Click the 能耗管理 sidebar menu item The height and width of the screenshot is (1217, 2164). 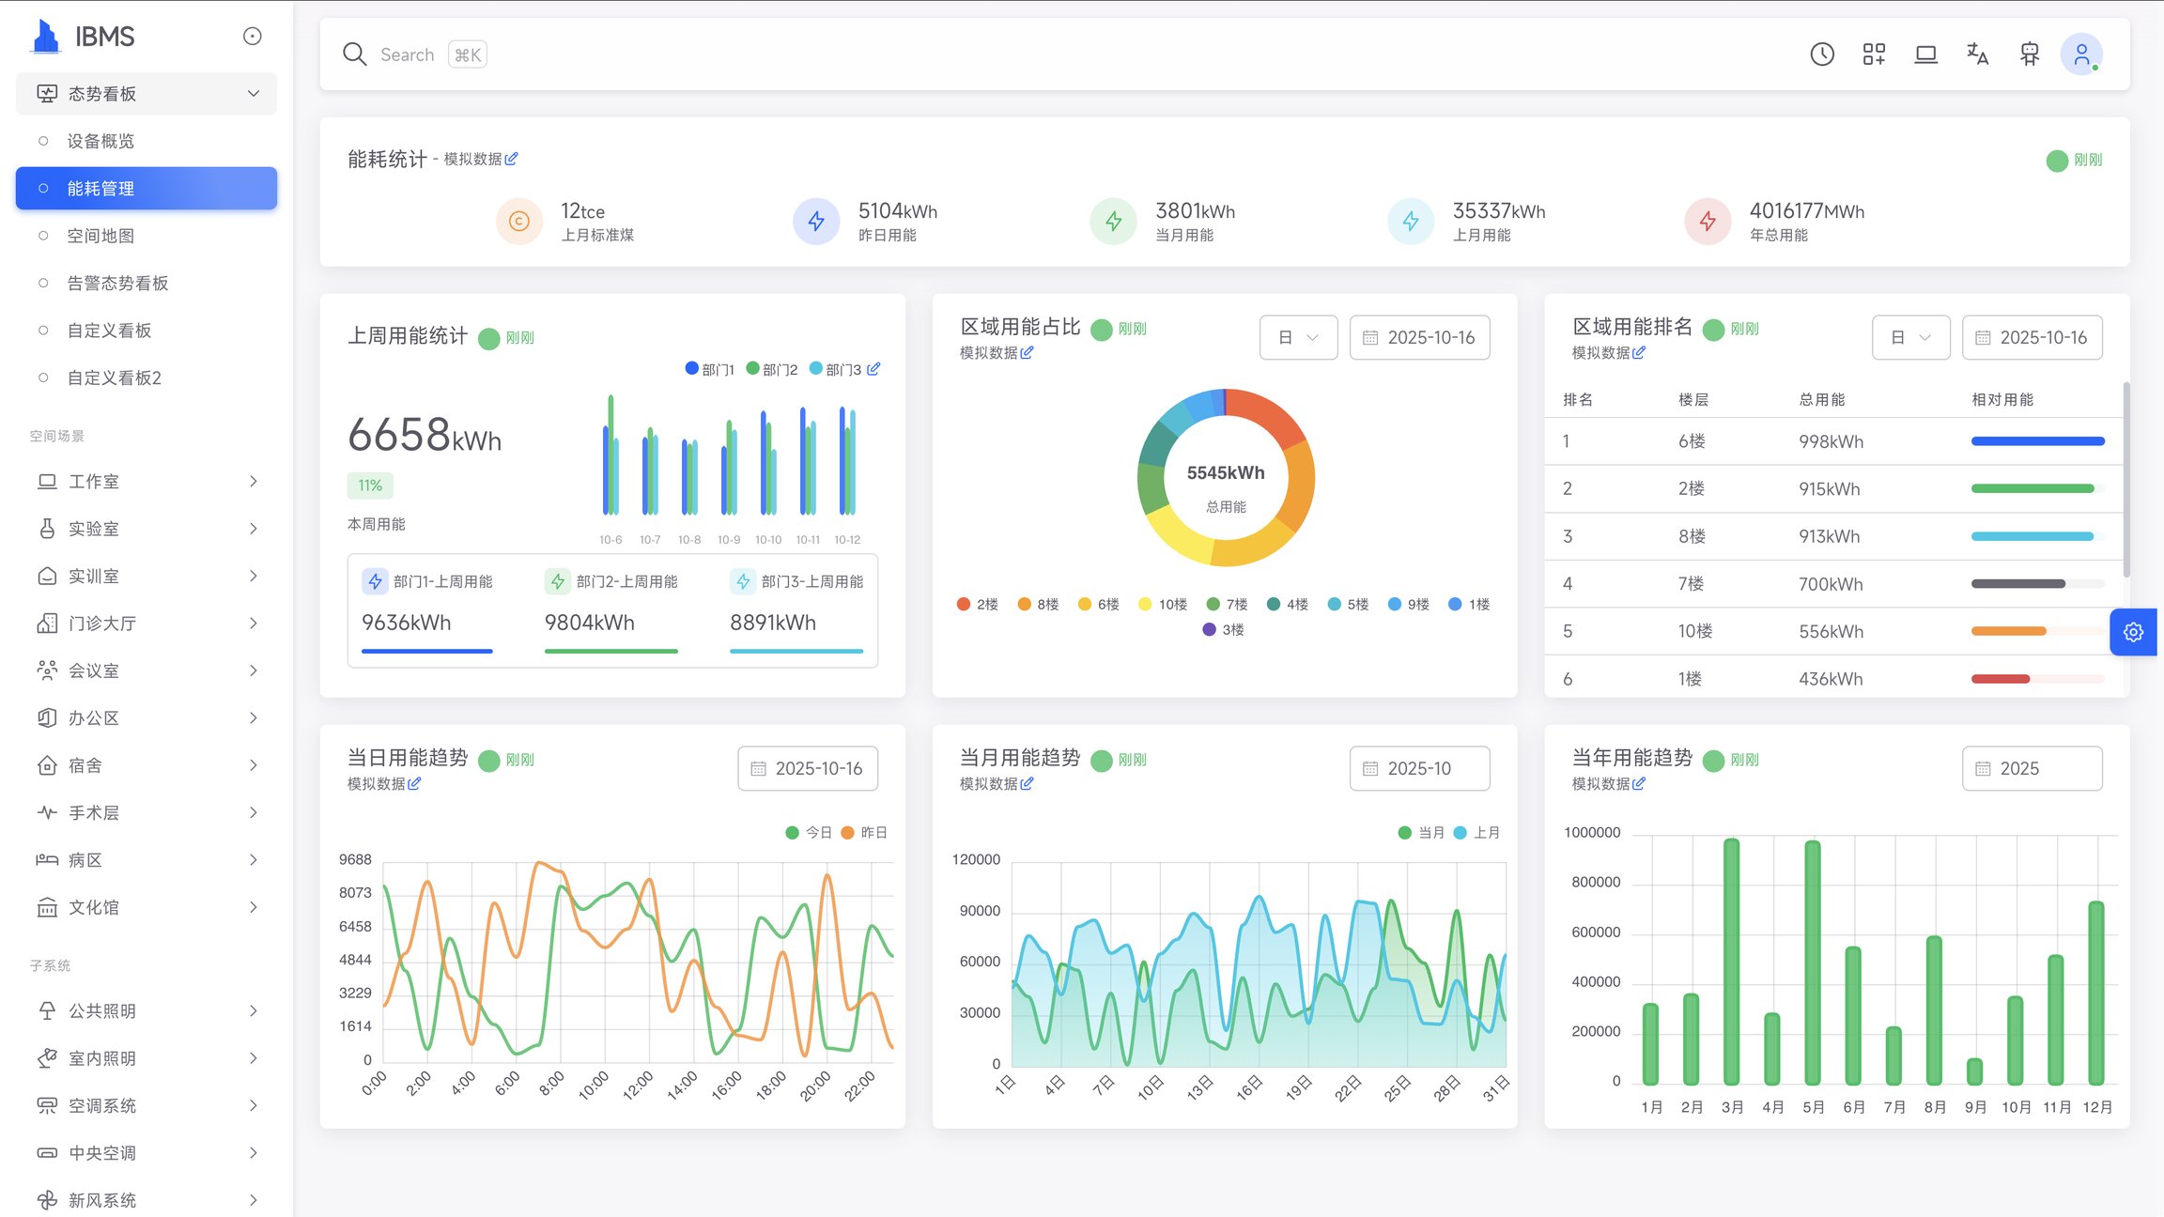(x=146, y=189)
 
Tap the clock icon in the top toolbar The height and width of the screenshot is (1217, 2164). (x=1821, y=54)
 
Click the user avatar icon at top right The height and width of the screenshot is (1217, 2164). (x=2080, y=54)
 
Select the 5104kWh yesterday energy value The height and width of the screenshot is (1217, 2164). (x=897, y=211)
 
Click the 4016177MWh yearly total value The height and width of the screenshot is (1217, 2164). (x=1806, y=211)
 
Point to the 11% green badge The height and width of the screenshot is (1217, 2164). (x=370, y=485)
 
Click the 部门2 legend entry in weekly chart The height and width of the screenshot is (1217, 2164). (x=772, y=369)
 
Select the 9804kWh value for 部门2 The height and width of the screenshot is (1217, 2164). (x=589, y=623)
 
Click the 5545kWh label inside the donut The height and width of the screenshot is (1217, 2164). (x=1225, y=472)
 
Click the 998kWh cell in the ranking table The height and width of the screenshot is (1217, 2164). (x=1831, y=441)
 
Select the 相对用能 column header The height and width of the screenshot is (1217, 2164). (x=2002, y=400)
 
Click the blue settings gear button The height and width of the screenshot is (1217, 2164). (x=2132, y=632)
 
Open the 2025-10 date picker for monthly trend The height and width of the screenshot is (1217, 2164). (x=1418, y=768)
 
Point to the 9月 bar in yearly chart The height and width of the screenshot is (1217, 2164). (x=1974, y=1071)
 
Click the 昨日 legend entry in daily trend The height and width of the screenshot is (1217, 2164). (x=864, y=833)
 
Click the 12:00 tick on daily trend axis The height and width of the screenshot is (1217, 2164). (x=638, y=1084)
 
